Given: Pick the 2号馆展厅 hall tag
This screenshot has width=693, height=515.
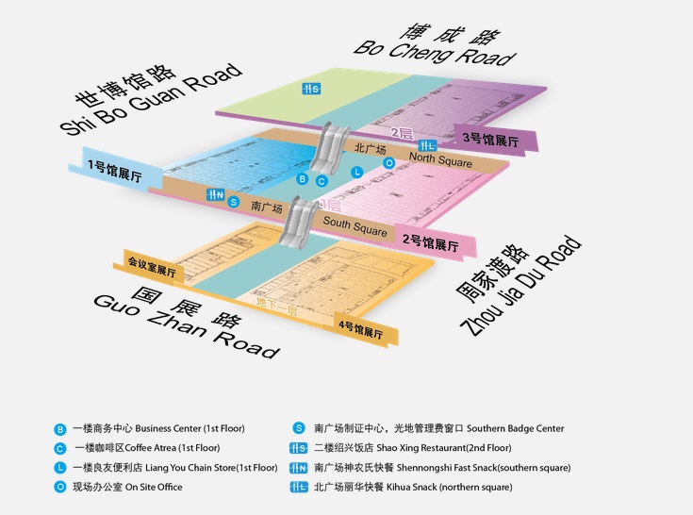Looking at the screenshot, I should (x=430, y=241).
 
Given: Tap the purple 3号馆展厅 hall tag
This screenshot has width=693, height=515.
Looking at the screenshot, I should (x=494, y=140).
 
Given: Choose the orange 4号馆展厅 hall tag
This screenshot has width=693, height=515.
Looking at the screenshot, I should (x=359, y=330).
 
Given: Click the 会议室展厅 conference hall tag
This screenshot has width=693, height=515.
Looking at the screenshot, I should (x=152, y=268).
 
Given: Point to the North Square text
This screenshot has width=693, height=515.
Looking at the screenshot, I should (x=440, y=162).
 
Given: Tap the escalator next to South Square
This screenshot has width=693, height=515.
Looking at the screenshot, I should (x=305, y=219).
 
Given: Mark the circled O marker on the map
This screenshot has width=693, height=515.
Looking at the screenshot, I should (x=389, y=162).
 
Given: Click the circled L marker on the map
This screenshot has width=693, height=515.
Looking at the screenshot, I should (x=356, y=172).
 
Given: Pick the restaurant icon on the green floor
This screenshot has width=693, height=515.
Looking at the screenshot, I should (x=311, y=90).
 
